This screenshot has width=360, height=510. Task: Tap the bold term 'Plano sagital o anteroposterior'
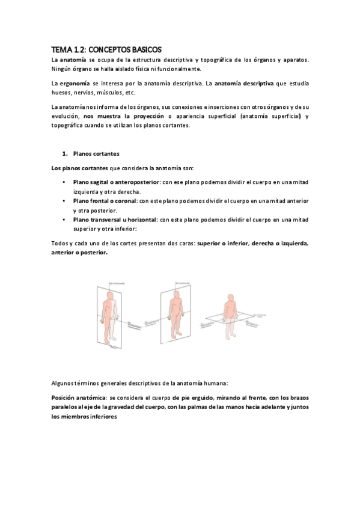tap(116, 182)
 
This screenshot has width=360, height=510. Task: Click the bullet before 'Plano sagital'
tap(64, 182)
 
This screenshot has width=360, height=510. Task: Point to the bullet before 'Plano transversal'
tap(64, 220)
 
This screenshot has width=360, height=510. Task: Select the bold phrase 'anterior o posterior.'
tap(79, 253)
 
